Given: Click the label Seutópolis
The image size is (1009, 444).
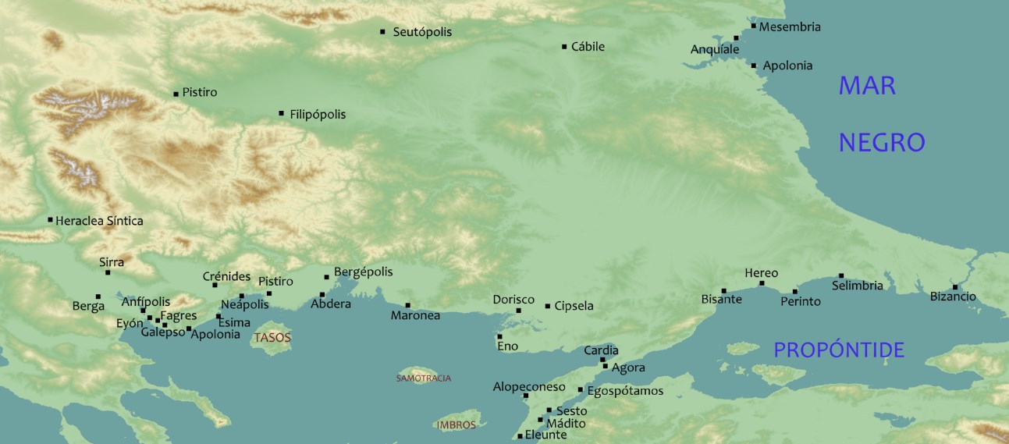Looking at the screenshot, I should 422,32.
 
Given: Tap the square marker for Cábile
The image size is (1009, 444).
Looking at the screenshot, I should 564,47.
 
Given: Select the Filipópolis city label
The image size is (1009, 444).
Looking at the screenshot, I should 318,115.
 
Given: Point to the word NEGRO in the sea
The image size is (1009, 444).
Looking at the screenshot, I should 881,142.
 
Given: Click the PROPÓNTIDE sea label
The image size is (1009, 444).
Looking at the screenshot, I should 839,350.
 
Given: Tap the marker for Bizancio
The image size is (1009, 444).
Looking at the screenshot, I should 955,287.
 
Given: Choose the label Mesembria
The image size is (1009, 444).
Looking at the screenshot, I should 790,27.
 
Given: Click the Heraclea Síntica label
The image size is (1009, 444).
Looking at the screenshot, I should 99,221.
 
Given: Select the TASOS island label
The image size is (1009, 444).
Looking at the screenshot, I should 272,339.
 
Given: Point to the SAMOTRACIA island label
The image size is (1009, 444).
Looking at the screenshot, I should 424,378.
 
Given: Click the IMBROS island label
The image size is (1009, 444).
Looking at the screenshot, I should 457,425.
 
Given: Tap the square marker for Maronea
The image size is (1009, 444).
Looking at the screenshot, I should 407,305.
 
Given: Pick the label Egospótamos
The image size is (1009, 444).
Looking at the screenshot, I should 624,391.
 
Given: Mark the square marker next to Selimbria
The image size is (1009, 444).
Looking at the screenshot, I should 841,275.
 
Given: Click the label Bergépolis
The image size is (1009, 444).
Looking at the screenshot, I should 363,272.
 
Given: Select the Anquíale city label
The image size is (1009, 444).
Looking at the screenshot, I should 715,50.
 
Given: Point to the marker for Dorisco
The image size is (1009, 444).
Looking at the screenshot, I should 518,311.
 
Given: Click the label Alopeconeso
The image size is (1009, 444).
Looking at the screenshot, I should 529,387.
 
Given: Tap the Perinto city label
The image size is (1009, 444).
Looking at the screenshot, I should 801,301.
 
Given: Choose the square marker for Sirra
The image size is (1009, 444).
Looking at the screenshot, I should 108,272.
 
